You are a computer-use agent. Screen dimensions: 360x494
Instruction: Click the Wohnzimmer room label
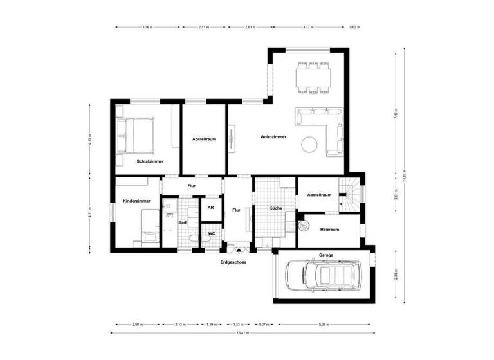(273, 137)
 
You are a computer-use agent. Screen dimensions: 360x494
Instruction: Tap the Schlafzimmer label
(150, 161)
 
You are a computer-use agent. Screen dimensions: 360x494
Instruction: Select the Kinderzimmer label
(136, 201)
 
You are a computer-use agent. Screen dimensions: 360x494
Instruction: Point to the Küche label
(275, 209)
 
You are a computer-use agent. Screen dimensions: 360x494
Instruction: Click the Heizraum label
(329, 229)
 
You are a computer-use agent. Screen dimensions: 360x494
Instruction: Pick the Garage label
(327, 255)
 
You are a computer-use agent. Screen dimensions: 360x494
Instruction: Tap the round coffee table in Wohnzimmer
(311, 144)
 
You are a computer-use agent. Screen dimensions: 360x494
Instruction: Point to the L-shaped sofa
(325, 127)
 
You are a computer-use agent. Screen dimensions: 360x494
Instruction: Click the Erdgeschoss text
(233, 262)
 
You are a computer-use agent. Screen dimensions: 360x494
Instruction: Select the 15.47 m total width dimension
(242, 333)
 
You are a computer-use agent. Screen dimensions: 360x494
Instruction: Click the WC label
(211, 233)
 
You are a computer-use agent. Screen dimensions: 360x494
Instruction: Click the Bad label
(182, 223)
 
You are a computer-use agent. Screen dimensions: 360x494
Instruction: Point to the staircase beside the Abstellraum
(351, 193)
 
